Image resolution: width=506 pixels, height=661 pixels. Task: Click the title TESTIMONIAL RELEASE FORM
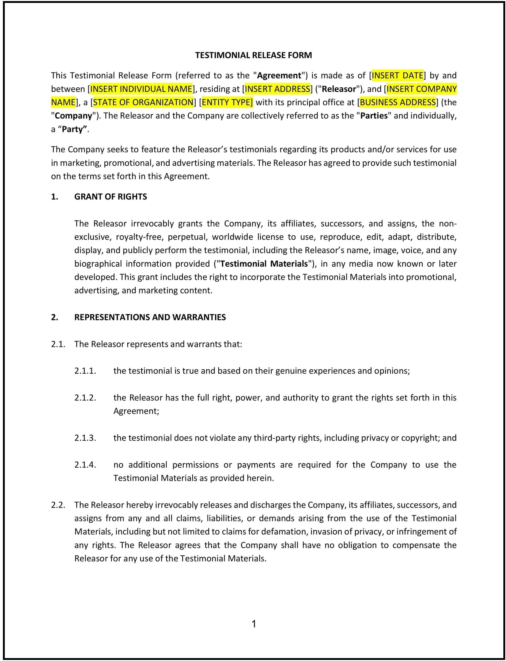253,55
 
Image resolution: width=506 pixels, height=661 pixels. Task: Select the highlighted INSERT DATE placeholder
397,75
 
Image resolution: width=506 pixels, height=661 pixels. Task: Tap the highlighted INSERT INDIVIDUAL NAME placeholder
141,89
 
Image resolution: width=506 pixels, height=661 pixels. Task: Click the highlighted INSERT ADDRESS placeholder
277,89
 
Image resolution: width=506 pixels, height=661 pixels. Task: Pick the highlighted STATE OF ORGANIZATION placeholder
143,103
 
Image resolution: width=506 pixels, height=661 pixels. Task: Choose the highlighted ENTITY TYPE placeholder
227,103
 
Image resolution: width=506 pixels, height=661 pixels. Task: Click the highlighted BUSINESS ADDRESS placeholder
397,103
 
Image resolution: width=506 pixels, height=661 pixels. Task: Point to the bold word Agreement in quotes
279,75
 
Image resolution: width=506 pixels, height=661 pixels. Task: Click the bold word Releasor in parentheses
339,89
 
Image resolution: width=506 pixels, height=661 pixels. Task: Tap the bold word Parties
374,116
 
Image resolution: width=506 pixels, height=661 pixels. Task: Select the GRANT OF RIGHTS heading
111,197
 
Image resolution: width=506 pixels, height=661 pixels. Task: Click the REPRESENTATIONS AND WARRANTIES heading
150,317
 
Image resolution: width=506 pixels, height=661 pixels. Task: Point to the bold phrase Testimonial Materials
264,264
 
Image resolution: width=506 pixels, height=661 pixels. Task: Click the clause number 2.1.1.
85,371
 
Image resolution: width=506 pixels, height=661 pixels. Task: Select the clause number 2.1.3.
85,438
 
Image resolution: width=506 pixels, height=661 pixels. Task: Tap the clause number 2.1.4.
85,465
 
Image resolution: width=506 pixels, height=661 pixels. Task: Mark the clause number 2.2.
58,505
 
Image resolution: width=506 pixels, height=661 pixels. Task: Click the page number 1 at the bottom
254,624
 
